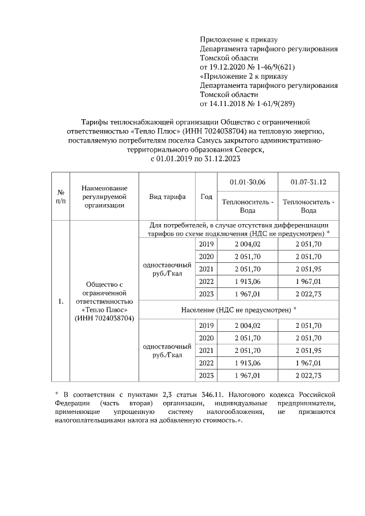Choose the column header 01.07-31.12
coord(309,181)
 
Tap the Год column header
coord(206,196)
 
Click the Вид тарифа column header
coord(167,196)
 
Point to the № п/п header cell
coord(60,196)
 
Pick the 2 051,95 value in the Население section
coord(309,350)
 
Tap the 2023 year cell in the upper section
coord(206,293)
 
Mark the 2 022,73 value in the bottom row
coord(309,375)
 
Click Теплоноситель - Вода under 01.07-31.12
coord(309,206)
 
